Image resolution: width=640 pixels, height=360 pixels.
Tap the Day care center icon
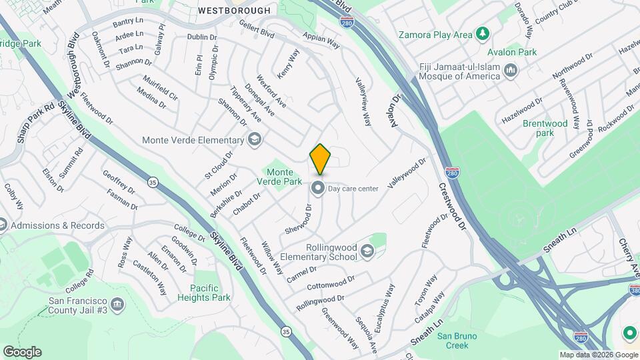(318, 189)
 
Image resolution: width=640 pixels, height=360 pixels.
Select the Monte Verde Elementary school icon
(254, 140)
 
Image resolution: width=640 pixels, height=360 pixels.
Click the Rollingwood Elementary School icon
(367, 251)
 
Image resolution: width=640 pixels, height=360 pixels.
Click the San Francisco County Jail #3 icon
(117, 305)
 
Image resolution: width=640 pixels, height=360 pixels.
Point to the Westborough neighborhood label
(235, 11)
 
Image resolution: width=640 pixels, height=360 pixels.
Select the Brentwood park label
(545, 128)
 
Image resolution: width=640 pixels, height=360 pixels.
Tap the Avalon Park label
(512, 52)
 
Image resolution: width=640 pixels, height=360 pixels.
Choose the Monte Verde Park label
(279, 176)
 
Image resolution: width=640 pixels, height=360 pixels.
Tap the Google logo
(22, 351)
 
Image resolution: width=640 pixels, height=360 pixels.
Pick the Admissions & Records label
(58, 225)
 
